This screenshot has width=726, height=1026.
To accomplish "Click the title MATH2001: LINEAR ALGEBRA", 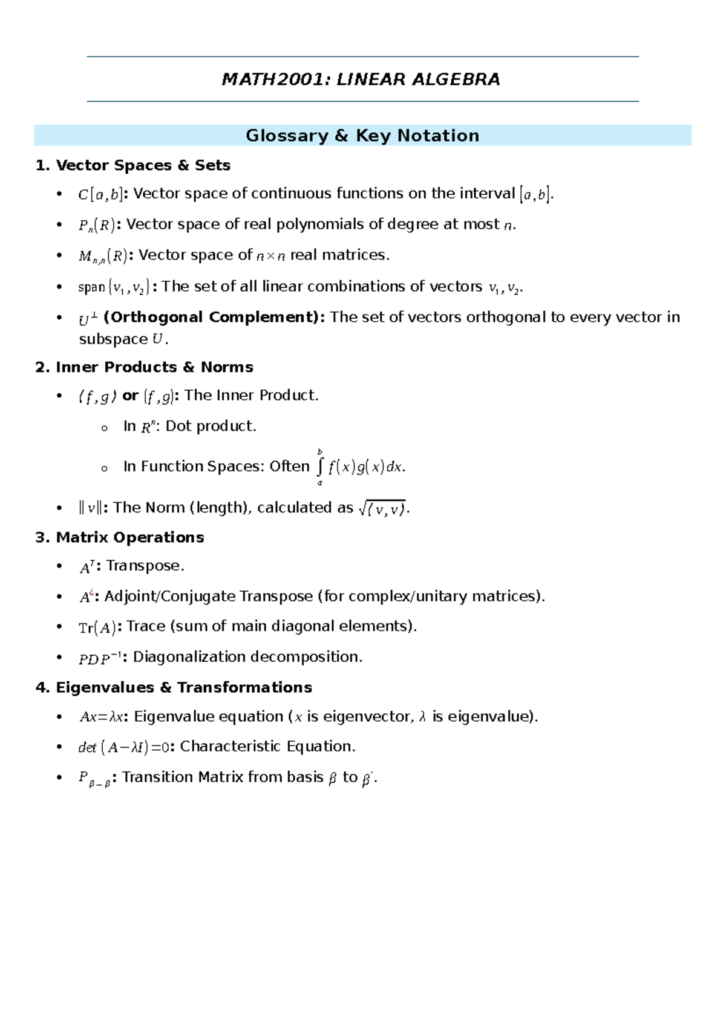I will click(x=361, y=79).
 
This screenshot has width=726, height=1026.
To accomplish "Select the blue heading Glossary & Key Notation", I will click(x=362, y=136).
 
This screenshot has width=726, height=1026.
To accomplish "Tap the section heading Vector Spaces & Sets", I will click(x=143, y=165).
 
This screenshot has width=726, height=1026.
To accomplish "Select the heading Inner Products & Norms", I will click(x=154, y=367).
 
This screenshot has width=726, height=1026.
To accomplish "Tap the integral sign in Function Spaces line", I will click(x=320, y=467).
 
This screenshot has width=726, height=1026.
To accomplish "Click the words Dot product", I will click(x=211, y=426).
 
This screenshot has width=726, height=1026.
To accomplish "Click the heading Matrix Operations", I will click(x=129, y=537).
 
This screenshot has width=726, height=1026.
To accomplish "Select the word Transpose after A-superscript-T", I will click(x=145, y=566).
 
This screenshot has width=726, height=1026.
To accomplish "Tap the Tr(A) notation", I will click(x=97, y=627).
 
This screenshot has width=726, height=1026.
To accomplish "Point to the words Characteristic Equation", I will click(x=267, y=747).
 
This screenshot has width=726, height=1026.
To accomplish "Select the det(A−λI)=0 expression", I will click(x=123, y=748).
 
